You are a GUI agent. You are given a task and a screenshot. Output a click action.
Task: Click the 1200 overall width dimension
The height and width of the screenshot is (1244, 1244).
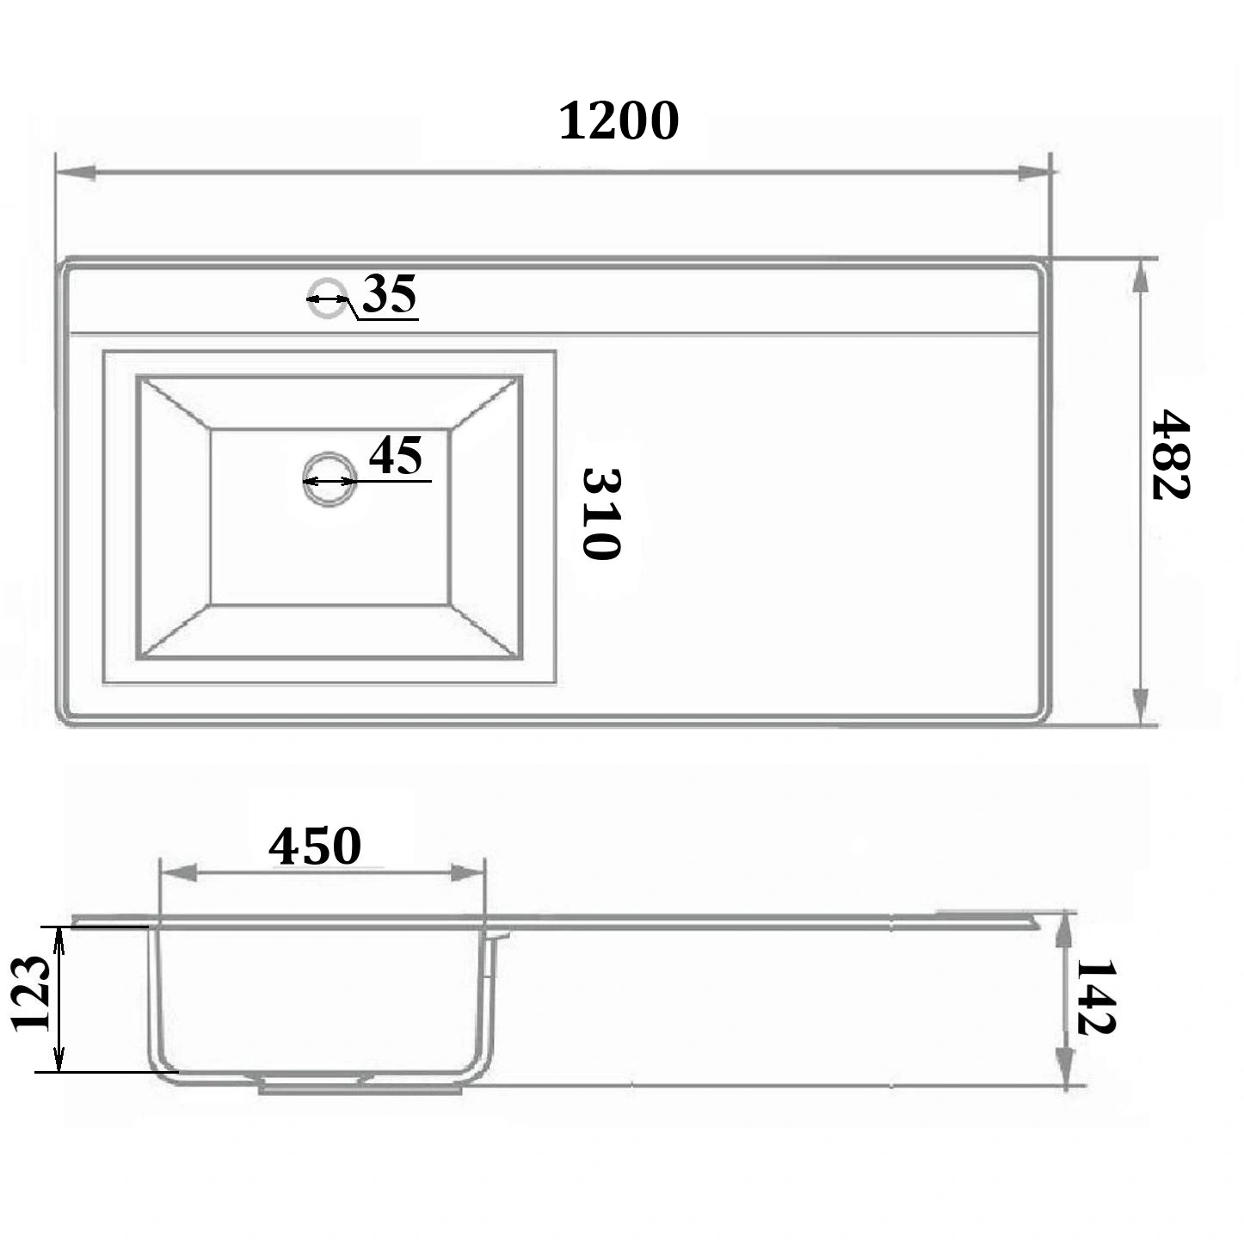coord(619,120)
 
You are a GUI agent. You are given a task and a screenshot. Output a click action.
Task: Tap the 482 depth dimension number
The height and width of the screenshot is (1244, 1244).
coord(1170,454)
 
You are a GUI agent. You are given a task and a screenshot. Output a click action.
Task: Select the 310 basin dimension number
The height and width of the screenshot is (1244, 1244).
coord(601,514)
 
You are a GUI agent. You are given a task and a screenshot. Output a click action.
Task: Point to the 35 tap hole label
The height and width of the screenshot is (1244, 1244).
coord(389,293)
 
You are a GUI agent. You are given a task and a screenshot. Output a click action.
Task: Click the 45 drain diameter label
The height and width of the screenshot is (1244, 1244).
coord(395,454)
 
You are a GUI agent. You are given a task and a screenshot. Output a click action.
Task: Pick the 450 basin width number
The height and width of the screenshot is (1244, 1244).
coord(314,847)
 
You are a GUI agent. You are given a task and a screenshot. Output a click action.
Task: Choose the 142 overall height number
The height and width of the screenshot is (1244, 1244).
coord(1095,1007)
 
